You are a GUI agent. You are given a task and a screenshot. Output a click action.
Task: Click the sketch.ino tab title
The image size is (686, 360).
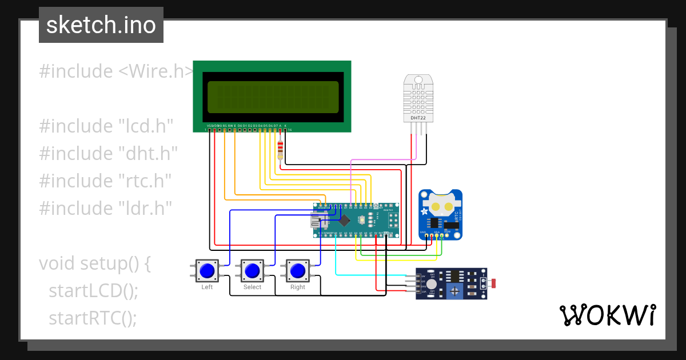pos(101,25)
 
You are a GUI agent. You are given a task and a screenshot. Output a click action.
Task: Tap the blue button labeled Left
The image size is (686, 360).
pos(207,270)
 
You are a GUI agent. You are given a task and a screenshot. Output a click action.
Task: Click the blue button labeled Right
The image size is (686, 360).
pos(297,270)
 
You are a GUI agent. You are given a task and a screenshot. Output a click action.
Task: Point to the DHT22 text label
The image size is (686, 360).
pos(418,118)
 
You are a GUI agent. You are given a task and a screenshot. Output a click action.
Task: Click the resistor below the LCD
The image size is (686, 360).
pos(280,150)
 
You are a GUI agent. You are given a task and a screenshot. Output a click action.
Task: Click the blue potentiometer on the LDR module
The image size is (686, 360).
pos(454,291)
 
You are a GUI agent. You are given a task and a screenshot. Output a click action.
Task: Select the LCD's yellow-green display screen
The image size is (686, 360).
pos(272,97)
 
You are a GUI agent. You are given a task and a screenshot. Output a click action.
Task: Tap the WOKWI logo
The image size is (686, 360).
pos(607,315)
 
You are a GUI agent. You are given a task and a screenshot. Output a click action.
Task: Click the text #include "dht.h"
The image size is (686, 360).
pos(108,153)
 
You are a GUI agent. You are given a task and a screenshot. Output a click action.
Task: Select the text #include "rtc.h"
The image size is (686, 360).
pos(106,181)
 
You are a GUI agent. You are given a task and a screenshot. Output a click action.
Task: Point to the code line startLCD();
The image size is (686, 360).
pos(93,290)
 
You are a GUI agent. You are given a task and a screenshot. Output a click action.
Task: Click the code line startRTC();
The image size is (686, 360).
pos(93,318)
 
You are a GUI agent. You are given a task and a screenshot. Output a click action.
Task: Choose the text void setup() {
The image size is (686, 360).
pos(95,263)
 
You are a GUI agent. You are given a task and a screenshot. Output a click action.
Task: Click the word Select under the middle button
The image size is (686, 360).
pos(252,287)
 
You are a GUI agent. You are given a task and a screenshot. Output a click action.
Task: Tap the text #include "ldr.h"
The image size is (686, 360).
pos(106,208)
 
